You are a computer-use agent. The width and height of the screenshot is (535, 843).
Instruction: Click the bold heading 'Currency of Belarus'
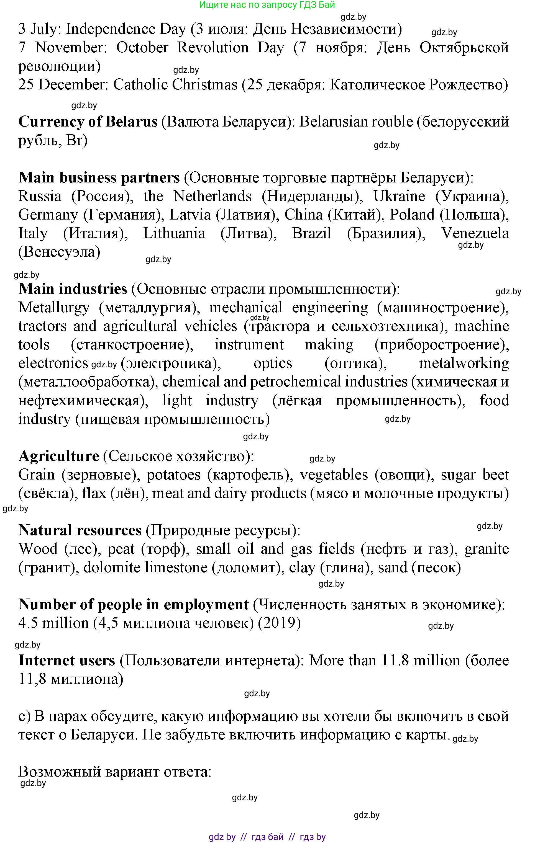[x=88, y=122]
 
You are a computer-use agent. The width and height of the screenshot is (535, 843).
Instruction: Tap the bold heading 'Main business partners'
[x=99, y=177]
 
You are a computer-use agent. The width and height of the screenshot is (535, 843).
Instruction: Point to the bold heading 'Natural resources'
[x=80, y=530]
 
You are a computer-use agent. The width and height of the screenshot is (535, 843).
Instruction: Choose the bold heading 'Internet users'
[x=66, y=661]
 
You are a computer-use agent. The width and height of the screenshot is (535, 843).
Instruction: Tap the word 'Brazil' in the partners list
[x=311, y=233]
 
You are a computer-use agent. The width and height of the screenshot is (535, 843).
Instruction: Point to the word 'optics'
[x=273, y=364]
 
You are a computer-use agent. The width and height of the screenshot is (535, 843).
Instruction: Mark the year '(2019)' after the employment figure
[x=279, y=623]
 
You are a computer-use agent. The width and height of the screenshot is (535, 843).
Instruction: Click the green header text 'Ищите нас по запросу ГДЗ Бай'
[x=267, y=4]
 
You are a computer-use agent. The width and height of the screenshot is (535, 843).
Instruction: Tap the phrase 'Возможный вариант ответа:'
[x=115, y=772]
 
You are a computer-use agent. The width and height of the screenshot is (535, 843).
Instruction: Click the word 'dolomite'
[x=112, y=568]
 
